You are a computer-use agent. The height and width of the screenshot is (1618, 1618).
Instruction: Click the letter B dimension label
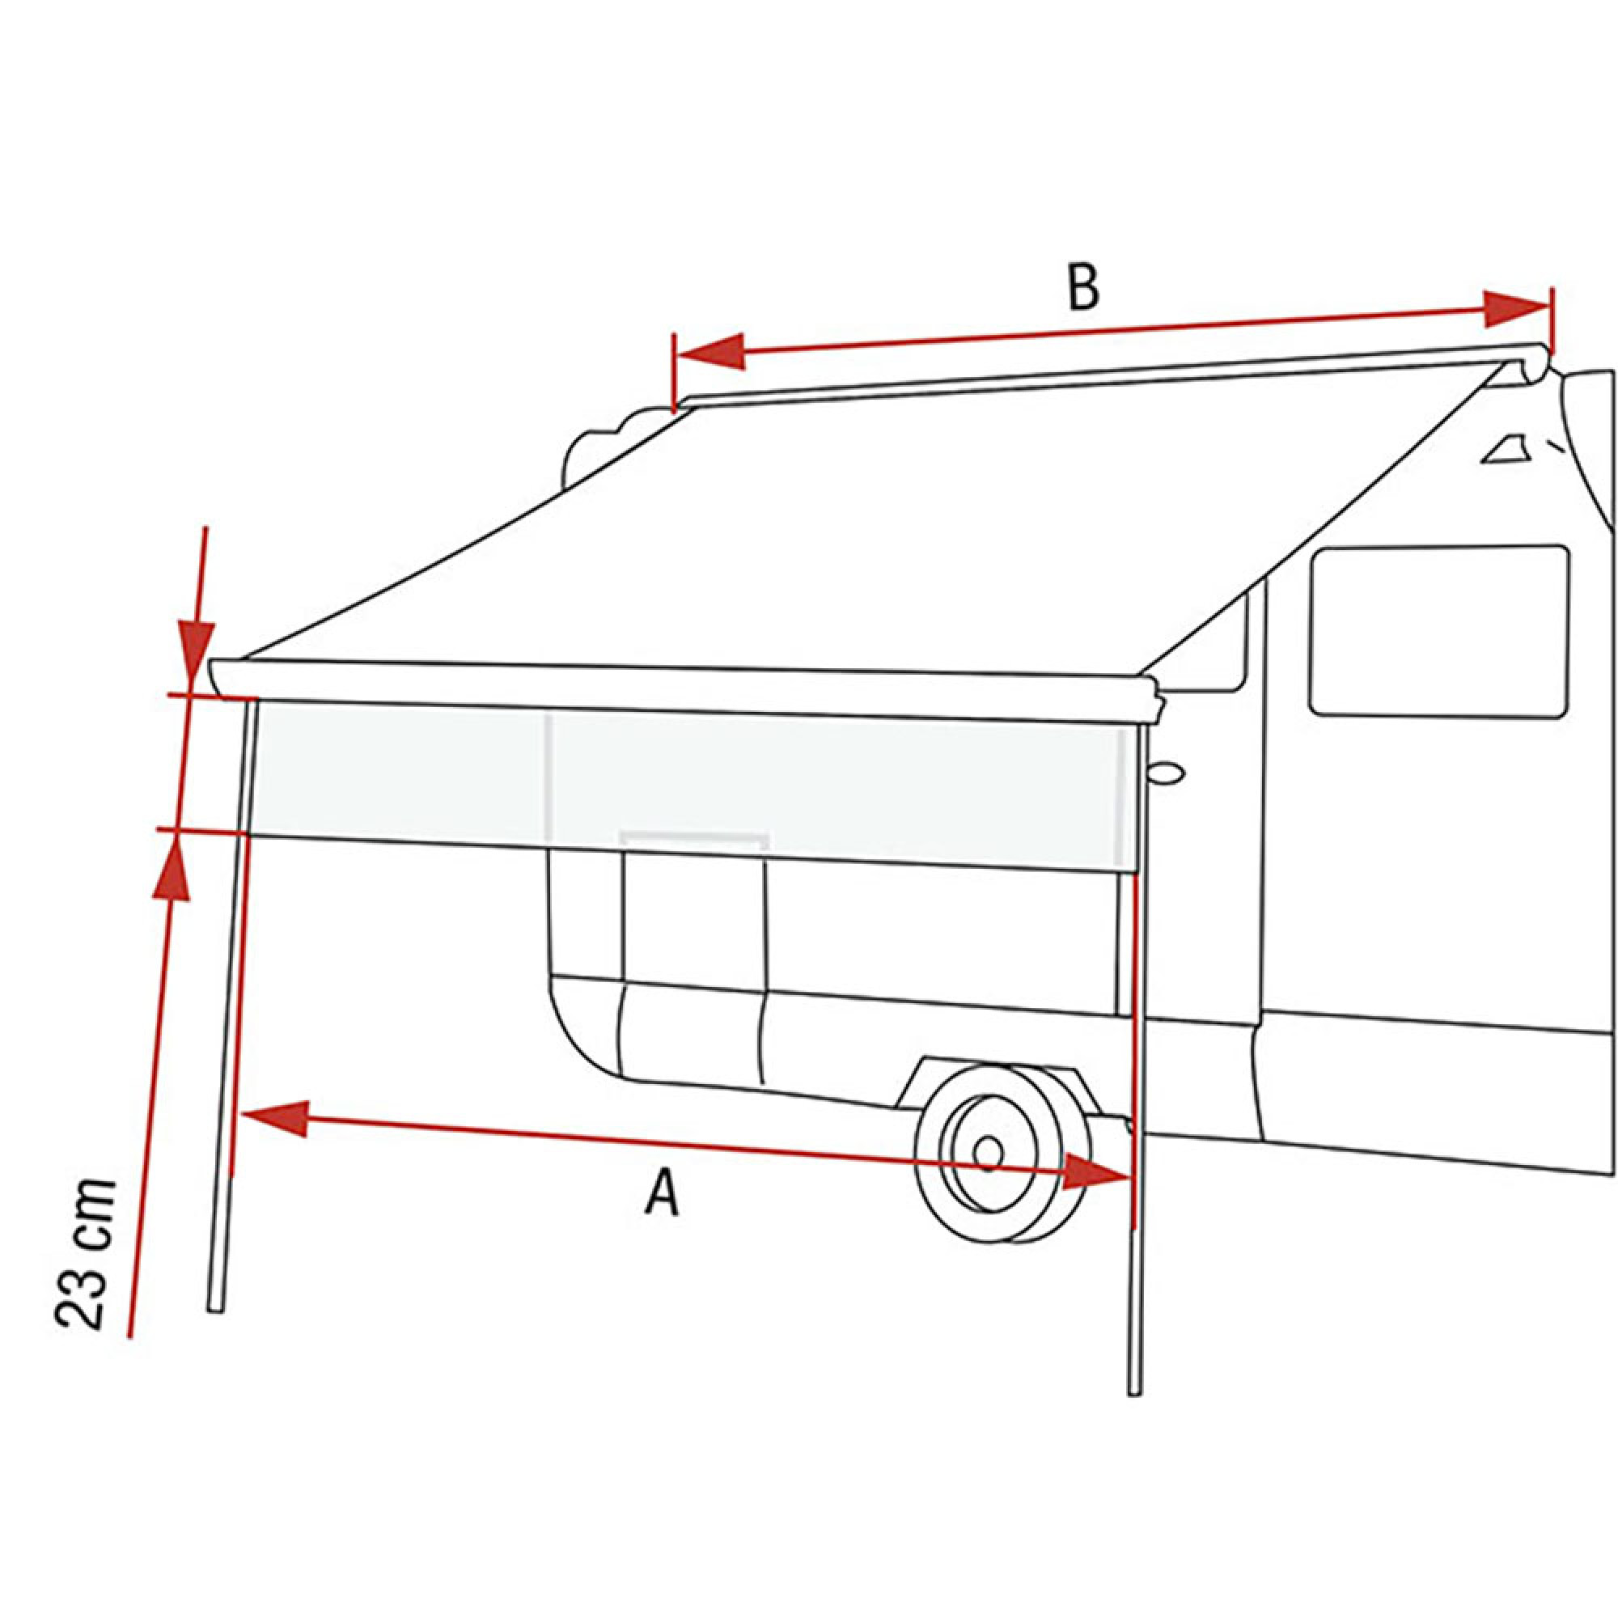point(1084,287)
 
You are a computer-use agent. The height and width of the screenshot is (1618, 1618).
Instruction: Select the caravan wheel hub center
point(989,1152)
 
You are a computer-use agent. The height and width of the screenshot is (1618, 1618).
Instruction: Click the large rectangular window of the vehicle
point(1438,631)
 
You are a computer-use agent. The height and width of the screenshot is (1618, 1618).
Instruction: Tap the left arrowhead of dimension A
point(273,1118)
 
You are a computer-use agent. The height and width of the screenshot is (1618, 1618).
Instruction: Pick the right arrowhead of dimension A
point(1097,1171)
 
